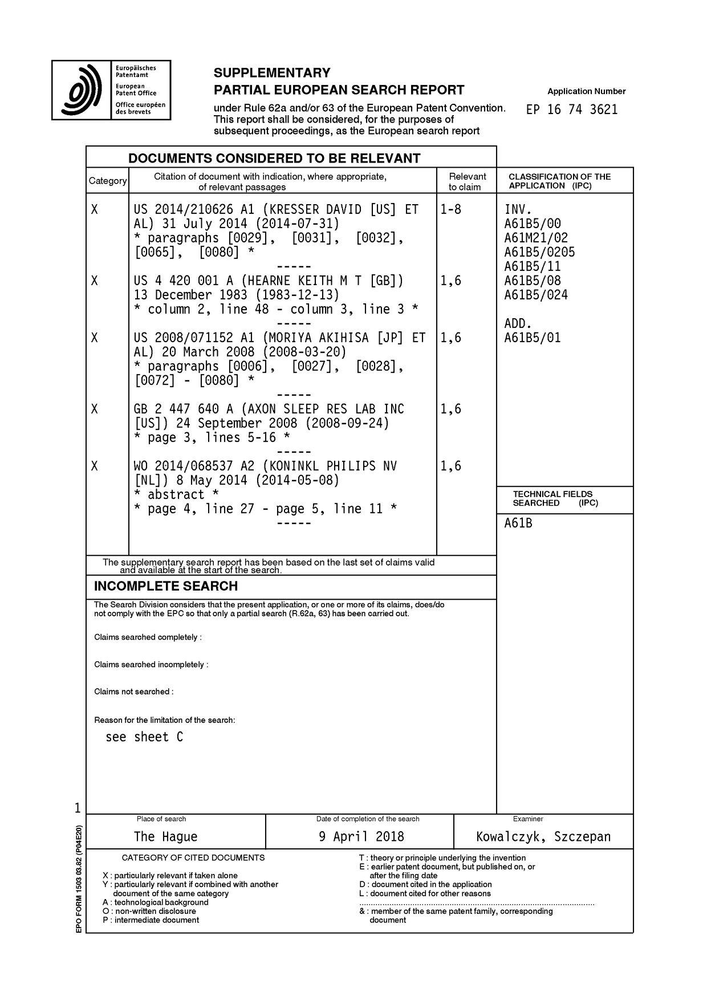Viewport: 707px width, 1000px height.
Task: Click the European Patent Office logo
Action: [111, 90]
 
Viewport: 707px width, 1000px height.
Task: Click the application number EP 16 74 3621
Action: [572, 109]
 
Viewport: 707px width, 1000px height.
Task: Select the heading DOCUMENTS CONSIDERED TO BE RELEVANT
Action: [274, 158]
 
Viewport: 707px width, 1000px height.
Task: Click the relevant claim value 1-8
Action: [450, 209]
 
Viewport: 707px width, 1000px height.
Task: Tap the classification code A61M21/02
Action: [536, 238]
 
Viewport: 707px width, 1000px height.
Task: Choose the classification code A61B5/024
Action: [536, 295]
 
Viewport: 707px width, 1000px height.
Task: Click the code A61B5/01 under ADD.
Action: [533, 338]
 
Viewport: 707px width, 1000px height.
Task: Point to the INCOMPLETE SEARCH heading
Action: [166, 586]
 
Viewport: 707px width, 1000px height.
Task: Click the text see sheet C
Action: [144, 737]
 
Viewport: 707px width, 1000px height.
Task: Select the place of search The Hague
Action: [165, 836]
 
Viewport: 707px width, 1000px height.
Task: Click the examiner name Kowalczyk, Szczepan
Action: [543, 836]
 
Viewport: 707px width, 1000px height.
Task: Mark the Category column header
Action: [108, 181]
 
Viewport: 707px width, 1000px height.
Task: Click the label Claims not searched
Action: [133, 692]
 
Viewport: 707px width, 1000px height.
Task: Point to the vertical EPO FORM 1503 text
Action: [79, 879]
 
